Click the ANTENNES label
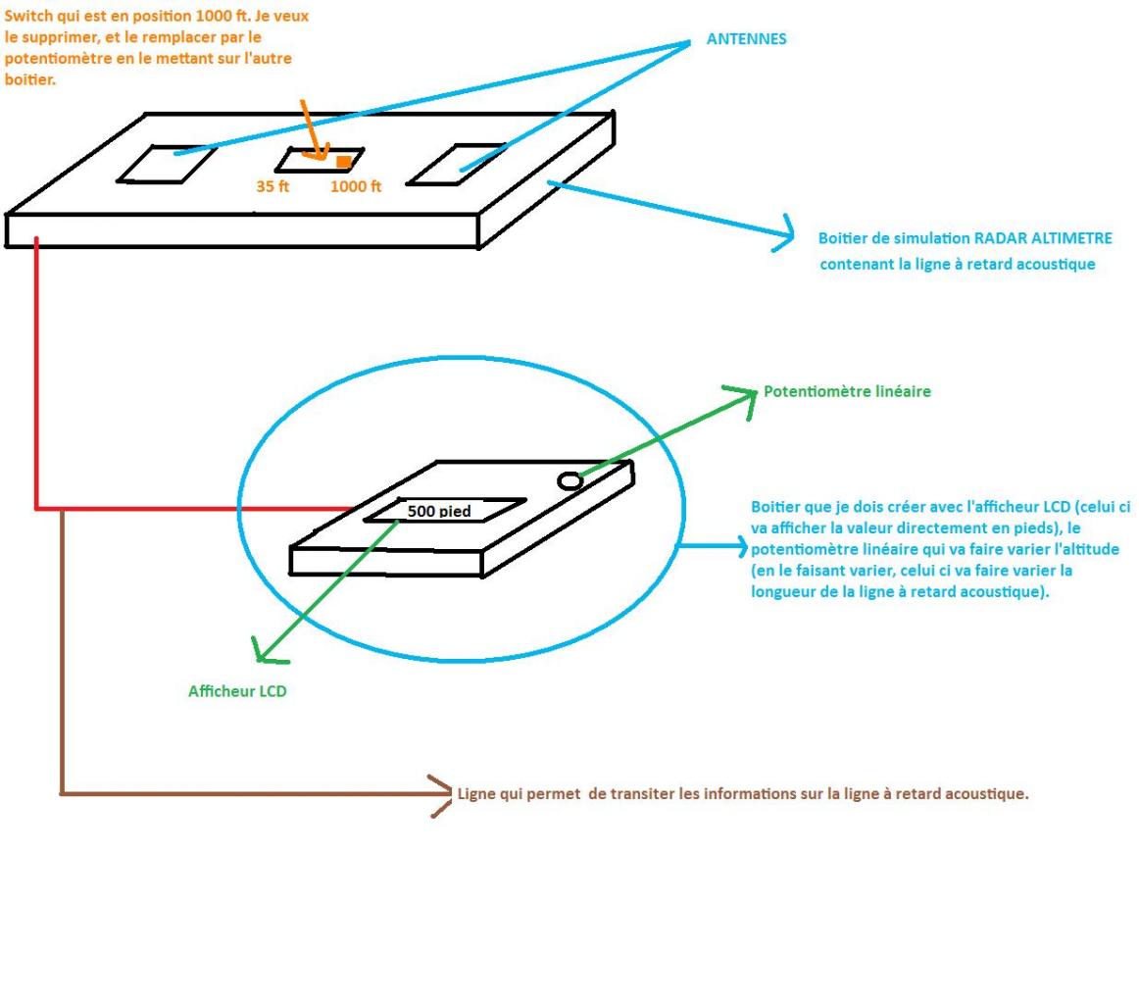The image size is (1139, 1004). pyautogui.click(x=746, y=39)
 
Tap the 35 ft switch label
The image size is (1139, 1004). pyautogui.click(x=272, y=186)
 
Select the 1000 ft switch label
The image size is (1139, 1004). pyautogui.click(x=356, y=186)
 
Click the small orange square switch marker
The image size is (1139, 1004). pyautogui.click(x=343, y=162)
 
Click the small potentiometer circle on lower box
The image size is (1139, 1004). pyautogui.click(x=569, y=480)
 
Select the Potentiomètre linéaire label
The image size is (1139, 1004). pyautogui.click(x=847, y=391)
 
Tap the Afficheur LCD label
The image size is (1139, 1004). pyautogui.click(x=237, y=691)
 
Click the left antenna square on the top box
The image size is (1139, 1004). pyautogui.click(x=168, y=163)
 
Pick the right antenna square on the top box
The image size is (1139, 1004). pyautogui.click(x=457, y=164)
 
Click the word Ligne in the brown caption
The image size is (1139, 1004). pyautogui.click(x=478, y=793)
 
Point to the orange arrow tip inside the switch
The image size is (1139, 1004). pyautogui.click(x=322, y=154)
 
